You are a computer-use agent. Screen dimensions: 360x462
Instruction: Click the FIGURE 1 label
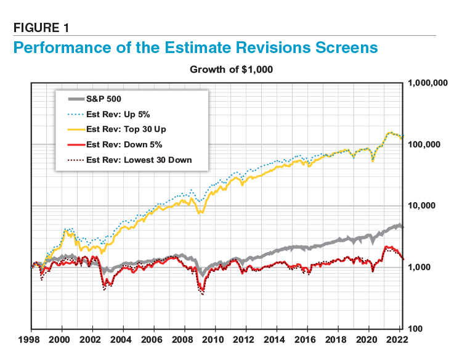coord(42,27)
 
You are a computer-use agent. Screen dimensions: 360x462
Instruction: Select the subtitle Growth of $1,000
coord(231,70)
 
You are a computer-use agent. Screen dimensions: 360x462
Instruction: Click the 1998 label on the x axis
coord(30,340)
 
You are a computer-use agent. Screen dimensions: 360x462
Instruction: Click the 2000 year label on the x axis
coord(61,340)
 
